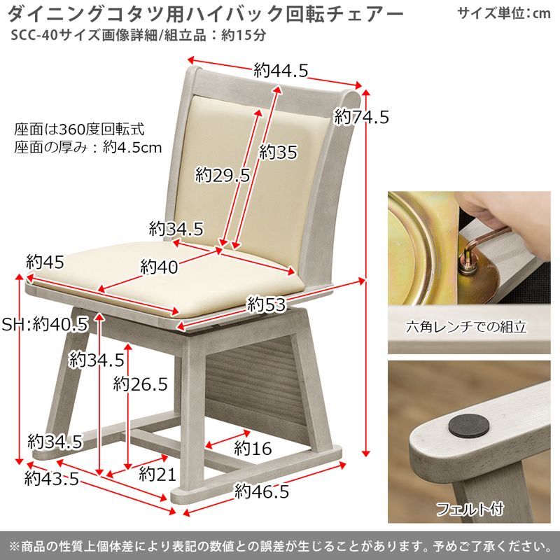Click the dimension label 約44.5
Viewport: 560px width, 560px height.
tap(281, 70)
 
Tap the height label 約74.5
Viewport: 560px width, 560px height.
tap(361, 117)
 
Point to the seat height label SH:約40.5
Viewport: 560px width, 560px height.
tap(44, 325)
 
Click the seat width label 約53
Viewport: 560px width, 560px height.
tap(267, 304)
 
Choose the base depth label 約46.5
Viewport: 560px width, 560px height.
tap(261, 491)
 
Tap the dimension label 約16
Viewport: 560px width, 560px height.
tap(252, 448)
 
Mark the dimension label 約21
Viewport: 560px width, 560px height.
tap(156, 475)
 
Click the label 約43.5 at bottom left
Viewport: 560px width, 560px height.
tap(50, 479)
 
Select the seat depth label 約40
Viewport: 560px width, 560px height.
tap(158, 267)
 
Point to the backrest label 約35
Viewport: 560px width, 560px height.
tap(278, 151)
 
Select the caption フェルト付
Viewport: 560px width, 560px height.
tap(465, 507)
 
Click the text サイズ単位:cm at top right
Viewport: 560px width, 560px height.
tap(503, 13)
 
